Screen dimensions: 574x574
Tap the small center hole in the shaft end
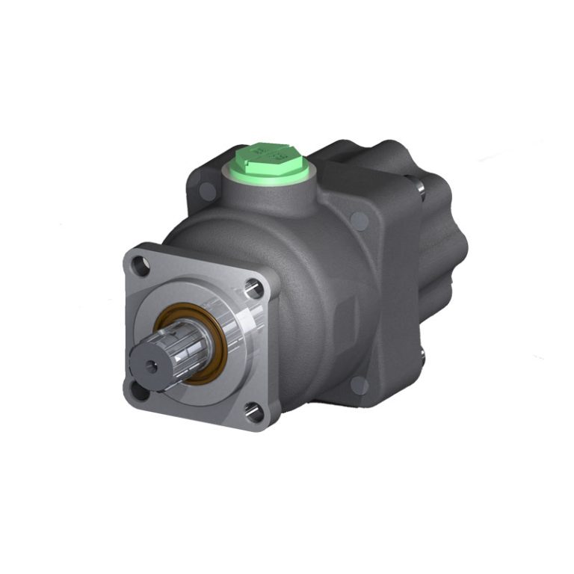coord(153,365)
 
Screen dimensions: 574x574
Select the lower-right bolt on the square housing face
coord(359,385)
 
